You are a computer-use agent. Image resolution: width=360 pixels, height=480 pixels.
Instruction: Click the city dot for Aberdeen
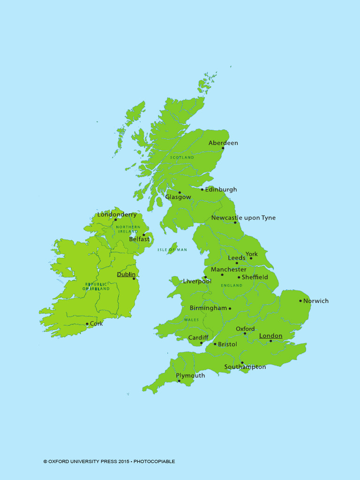[223, 148]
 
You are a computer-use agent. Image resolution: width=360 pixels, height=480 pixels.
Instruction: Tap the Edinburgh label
[221, 190]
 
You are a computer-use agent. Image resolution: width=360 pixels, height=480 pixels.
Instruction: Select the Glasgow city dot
[180, 192]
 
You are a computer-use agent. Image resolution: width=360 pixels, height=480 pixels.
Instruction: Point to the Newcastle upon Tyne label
[243, 218]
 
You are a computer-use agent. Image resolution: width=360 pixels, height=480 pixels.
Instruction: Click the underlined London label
[271, 336]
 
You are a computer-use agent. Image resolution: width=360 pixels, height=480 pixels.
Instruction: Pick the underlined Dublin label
[126, 274]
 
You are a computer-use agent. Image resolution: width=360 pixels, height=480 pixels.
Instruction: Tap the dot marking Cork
[87, 324]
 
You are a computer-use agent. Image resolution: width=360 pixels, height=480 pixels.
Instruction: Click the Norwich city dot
[301, 301]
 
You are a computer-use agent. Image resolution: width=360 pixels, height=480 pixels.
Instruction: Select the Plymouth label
[190, 375]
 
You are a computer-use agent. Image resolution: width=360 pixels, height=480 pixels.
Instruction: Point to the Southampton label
[245, 367]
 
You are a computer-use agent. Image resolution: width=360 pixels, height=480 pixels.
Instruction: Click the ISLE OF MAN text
[172, 250]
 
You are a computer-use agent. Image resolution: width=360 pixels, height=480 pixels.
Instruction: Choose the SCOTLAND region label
[182, 157]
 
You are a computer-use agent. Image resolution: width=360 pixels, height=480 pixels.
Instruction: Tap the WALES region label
[191, 320]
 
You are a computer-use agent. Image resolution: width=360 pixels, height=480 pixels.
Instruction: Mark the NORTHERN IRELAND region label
[128, 229]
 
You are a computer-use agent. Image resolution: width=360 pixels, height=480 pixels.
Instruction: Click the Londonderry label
[117, 215]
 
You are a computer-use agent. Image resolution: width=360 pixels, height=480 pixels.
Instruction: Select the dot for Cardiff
[202, 343]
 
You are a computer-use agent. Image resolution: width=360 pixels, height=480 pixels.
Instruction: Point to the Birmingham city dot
[230, 308]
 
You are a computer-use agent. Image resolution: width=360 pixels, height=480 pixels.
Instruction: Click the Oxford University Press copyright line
[109, 461]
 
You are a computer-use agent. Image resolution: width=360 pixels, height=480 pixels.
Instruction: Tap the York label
[252, 254]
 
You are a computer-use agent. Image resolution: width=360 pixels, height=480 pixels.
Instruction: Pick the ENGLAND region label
[232, 285]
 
